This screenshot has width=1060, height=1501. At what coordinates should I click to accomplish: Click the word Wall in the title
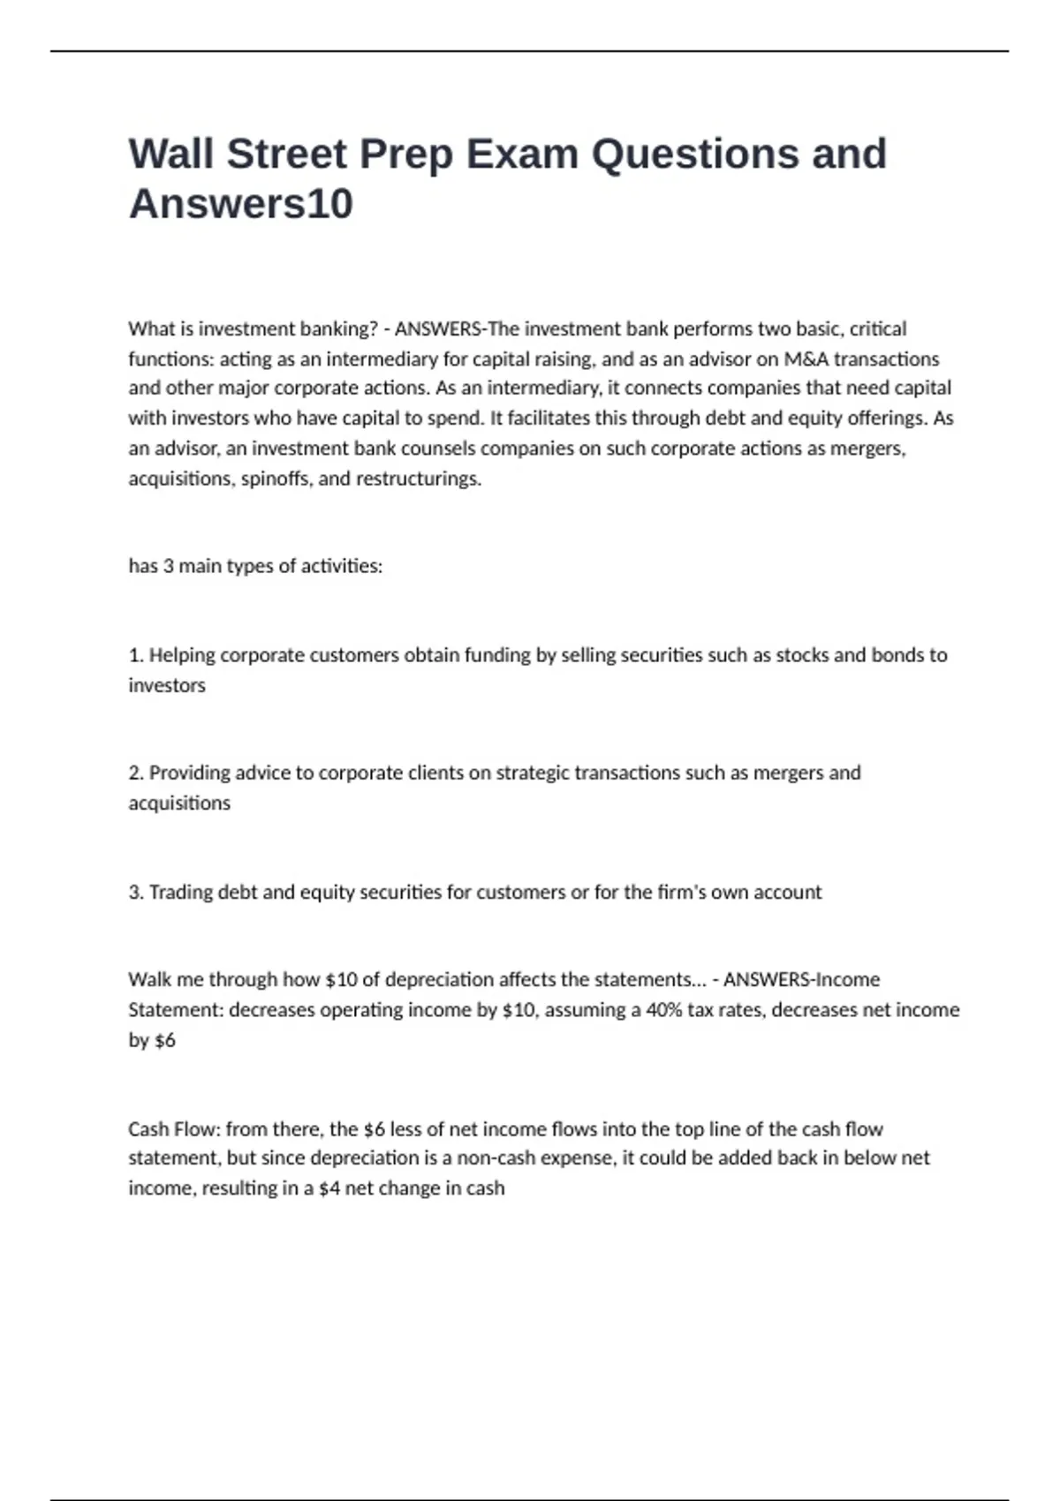[170, 154]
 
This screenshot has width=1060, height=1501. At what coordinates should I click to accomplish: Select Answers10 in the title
[240, 204]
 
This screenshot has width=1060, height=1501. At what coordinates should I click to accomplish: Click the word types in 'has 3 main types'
[250, 566]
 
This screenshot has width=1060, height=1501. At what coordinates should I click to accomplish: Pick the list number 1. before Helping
[136, 655]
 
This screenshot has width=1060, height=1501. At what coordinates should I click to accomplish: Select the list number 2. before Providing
[136, 773]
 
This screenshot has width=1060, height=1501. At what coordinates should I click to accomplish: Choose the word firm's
[681, 892]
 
